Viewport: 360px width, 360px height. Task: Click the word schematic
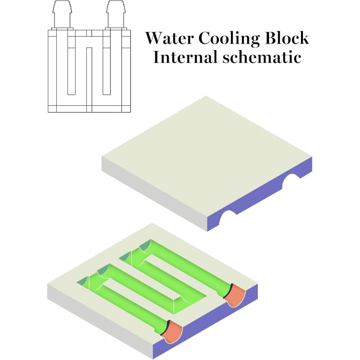click(261, 58)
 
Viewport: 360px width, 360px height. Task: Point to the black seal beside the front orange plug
click(165, 326)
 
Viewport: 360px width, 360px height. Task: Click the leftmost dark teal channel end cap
click(84, 282)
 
